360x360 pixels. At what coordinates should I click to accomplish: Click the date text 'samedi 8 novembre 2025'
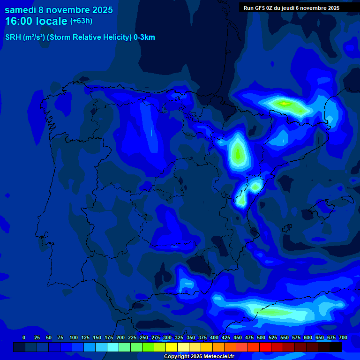(x=59, y=10)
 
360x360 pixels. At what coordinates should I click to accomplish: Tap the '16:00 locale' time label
(x=36, y=21)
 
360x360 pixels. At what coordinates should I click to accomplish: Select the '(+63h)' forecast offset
(x=81, y=21)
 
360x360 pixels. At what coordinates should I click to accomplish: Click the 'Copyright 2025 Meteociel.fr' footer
(x=199, y=357)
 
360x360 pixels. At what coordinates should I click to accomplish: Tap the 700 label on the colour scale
(x=343, y=337)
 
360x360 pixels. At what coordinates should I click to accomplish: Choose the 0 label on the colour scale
(x=24, y=337)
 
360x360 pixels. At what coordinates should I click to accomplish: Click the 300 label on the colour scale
(x=167, y=337)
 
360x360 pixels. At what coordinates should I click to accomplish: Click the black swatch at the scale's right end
(x=336, y=347)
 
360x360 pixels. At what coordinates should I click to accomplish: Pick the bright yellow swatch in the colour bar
(x=172, y=347)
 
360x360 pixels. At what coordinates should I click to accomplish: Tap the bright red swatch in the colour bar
(x=265, y=347)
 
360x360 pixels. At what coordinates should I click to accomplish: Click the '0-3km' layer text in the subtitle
(x=144, y=37)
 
